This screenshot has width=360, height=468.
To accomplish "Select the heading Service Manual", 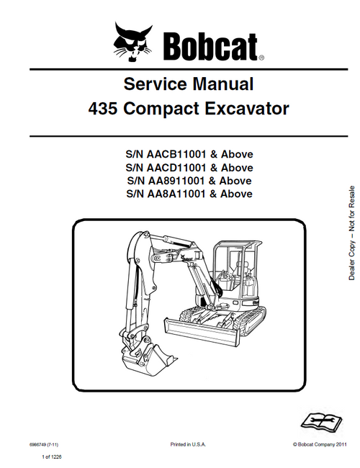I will (189, 84).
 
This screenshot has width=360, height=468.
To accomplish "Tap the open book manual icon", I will (318, 419).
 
